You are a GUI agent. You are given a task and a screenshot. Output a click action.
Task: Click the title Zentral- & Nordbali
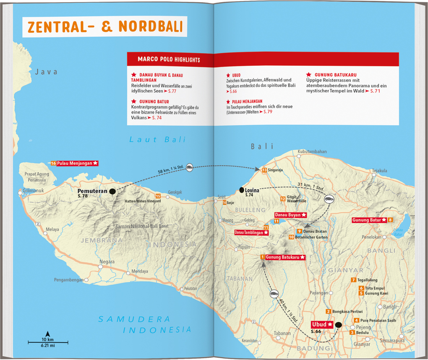[x=105, y=26]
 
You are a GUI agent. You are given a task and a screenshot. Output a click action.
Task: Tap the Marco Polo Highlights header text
[x=169, y=60]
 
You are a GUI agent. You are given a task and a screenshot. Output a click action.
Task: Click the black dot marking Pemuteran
[x=112, y=192]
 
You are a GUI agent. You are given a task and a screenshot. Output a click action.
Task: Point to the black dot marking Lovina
[x=242, y=190]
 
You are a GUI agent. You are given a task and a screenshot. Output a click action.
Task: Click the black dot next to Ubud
[x=339, y=325]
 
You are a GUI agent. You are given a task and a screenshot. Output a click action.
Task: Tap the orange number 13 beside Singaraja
[x=264, y=170]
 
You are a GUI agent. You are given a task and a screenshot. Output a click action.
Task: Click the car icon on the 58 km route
[x=190, y=167]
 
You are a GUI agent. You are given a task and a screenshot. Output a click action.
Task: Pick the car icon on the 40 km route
[x=274, y=294]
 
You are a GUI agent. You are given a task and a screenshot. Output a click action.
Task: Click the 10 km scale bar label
[x=47, y=339]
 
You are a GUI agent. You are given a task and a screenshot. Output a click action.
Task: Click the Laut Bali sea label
[x=157, y=140]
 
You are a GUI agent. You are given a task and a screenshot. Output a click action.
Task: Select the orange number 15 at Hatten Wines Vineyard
[x=158, y=196]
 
